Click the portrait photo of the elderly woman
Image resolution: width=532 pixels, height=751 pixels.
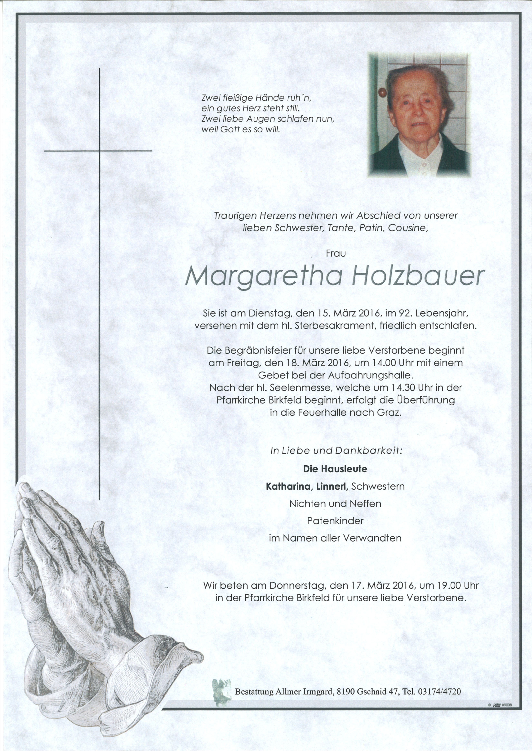(419, 114)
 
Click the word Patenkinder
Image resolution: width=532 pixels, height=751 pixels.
(335, 521)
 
